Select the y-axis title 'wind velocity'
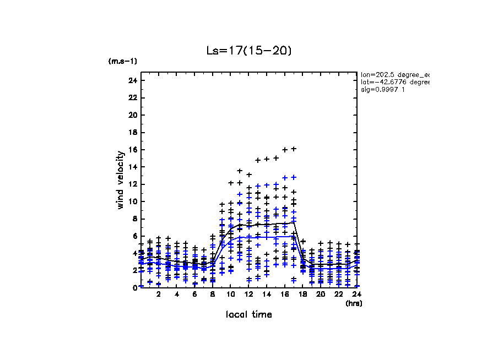120,180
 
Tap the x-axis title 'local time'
248,314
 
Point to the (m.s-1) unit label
123,61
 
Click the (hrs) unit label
353,303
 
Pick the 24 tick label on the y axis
132,80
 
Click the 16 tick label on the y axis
132,150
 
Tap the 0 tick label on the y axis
134,288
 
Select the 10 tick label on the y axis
132,201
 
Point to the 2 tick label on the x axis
159,294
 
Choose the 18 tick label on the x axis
302,294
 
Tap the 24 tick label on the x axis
356,294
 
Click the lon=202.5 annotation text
394,74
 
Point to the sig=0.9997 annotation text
383,90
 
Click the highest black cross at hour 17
294,149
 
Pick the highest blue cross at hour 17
294,177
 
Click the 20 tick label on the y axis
132,115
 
